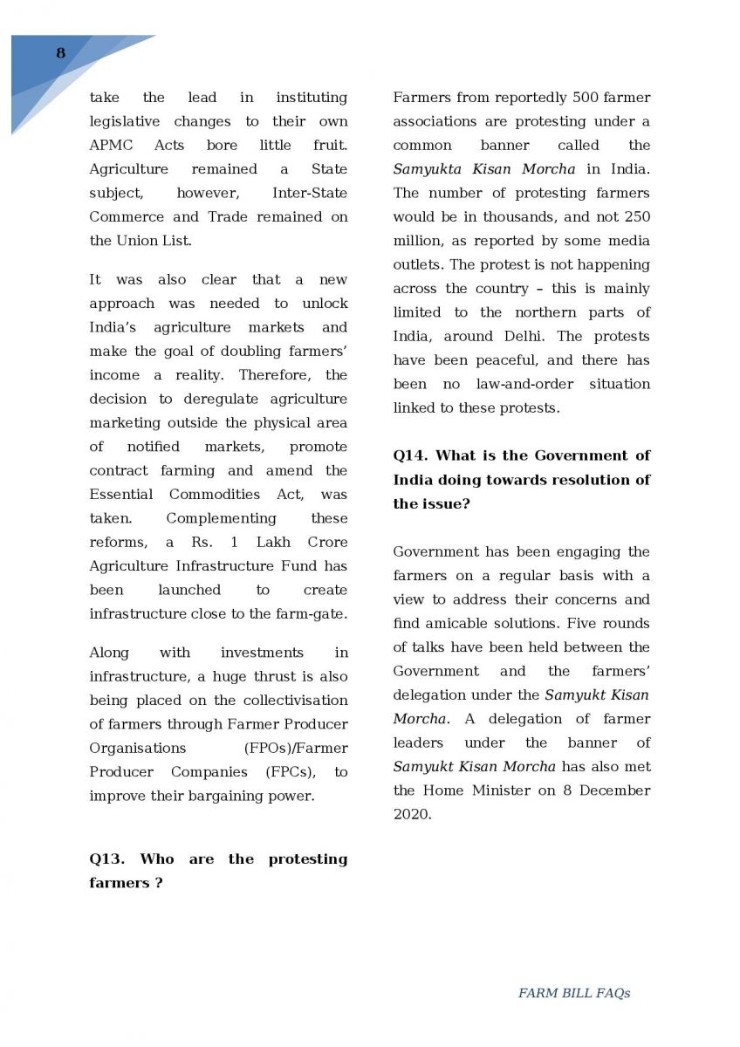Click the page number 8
(60, 53)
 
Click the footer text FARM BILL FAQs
(573, 993)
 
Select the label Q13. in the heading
(108, 859)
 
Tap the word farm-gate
(317, 613)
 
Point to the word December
(616, 790)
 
